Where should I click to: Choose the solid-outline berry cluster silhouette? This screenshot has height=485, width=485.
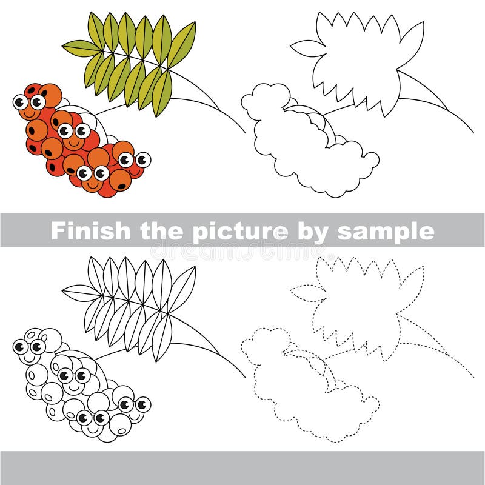(x=303, y=145)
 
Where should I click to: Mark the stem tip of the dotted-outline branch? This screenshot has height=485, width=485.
(x=472, y=376)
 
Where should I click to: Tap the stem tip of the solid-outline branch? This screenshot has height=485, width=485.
(x=472, y=131)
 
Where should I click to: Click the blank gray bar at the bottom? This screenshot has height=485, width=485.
(x=242, y=467)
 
